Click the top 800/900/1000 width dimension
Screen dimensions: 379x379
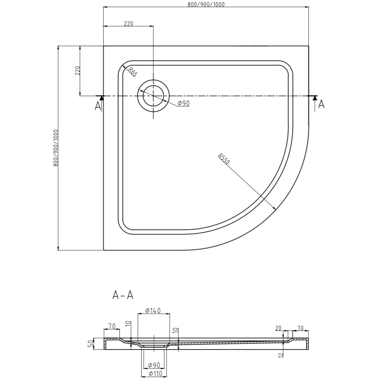tap(206, 4)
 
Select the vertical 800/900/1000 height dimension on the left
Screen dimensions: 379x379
tap(56, 147)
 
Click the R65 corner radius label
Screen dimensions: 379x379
tap(132, 72)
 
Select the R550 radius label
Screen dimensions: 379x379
tap(224, 159)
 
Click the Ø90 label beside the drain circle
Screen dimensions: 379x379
tap(183, 103)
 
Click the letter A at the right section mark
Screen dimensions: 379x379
tap(321, 105)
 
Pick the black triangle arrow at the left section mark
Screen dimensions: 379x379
tap(100, 98)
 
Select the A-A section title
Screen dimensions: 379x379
tap(123, 296)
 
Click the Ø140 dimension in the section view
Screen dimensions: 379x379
tap(153, 311)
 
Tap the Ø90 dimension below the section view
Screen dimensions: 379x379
tap(153, 365)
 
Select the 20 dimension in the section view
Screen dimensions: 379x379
tap(278, 327)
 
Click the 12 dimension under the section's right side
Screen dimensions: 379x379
tap(281, 354)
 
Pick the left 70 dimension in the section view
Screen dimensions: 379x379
tap(112, 326)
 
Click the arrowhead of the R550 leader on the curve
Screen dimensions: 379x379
tap(275, 209)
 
